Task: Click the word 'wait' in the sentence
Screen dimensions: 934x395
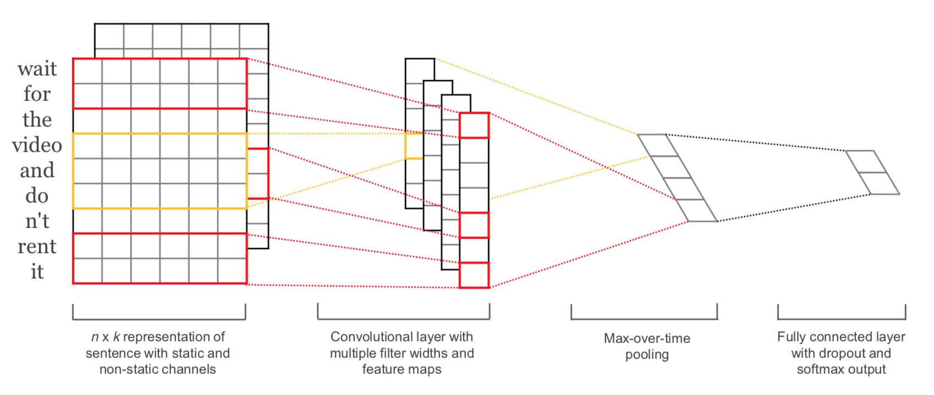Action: click(37, 69)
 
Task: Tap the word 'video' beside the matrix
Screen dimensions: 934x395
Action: click(37, 145)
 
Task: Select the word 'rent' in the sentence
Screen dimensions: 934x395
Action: click(37, 246)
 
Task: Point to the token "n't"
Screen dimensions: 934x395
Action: click(37, 221)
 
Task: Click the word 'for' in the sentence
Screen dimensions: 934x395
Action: click(37, 94)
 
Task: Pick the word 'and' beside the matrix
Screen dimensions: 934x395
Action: click(37, 170)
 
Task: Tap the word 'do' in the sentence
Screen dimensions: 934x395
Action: click(37, 196)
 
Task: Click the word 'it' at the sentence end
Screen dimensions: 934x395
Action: click(37, 272)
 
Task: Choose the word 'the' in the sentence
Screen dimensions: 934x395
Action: click(37, 120)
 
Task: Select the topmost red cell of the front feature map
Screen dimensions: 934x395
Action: click(474, 125)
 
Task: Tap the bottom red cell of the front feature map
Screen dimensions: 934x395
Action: click(474, 275)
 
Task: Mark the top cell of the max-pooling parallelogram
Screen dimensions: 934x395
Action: click(658, 145)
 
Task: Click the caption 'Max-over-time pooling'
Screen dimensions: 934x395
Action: click(647, 346)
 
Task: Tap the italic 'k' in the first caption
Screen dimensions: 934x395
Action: click(117, 337)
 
